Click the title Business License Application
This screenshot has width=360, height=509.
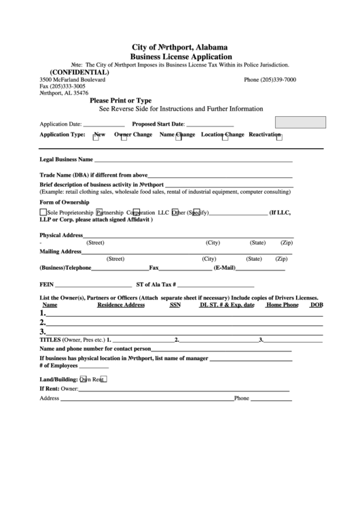pyautogui.click(x=180, y=57)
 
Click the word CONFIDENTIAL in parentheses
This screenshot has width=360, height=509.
pyautogui.click(x=79, y=72)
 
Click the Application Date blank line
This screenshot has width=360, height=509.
pyautogui.click(x=104, y=126)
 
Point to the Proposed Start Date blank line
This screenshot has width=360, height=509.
pyautogui.click(x=210, y=126)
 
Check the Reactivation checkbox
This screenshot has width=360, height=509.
pyautogui.click(x=279, y=137)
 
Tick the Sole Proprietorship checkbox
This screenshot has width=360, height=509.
pyautogui.click(x=43, y=212)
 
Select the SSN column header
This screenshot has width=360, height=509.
pyautogui.click(x=175, y=305)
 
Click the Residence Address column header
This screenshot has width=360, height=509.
pyautogui.click(x=121, y=305)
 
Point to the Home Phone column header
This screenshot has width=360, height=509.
pyautogui.click(x=282, y=305)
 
